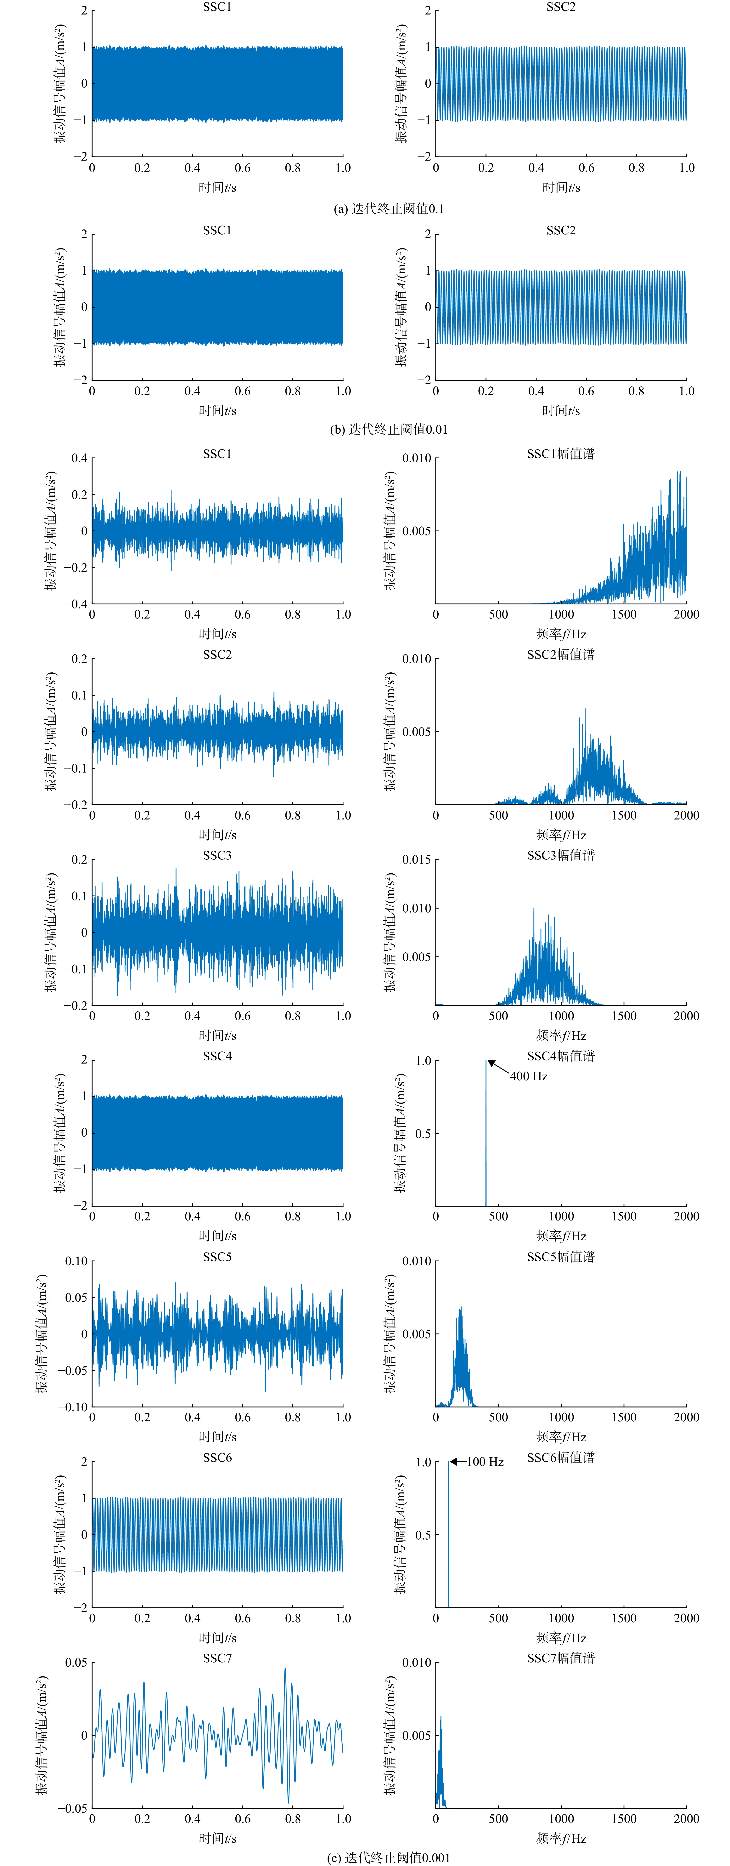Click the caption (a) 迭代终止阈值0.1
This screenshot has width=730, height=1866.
(389, 209)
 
